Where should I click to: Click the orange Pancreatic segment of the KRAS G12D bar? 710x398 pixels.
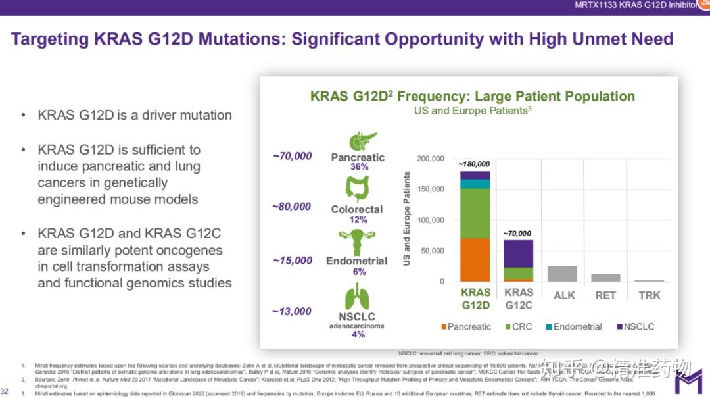[475, 260]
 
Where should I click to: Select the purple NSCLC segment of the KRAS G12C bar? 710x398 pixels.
[519, 254]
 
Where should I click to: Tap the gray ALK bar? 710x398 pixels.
[562, 274]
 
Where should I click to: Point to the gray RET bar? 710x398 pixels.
[605, 278]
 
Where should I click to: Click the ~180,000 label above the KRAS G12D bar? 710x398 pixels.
[474, 164]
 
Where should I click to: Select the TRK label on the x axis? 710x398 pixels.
[650, 295]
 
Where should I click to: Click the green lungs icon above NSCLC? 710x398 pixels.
[358, 296]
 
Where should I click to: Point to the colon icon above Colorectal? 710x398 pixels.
[358, 189]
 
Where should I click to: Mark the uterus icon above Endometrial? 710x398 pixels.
[358, 243]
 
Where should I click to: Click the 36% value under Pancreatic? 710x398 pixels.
[359, 167]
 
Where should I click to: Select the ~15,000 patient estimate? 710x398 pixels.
[293, 261]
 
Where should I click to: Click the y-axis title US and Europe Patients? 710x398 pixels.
[408, 219]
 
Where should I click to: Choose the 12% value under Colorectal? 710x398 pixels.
[359, 220]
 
